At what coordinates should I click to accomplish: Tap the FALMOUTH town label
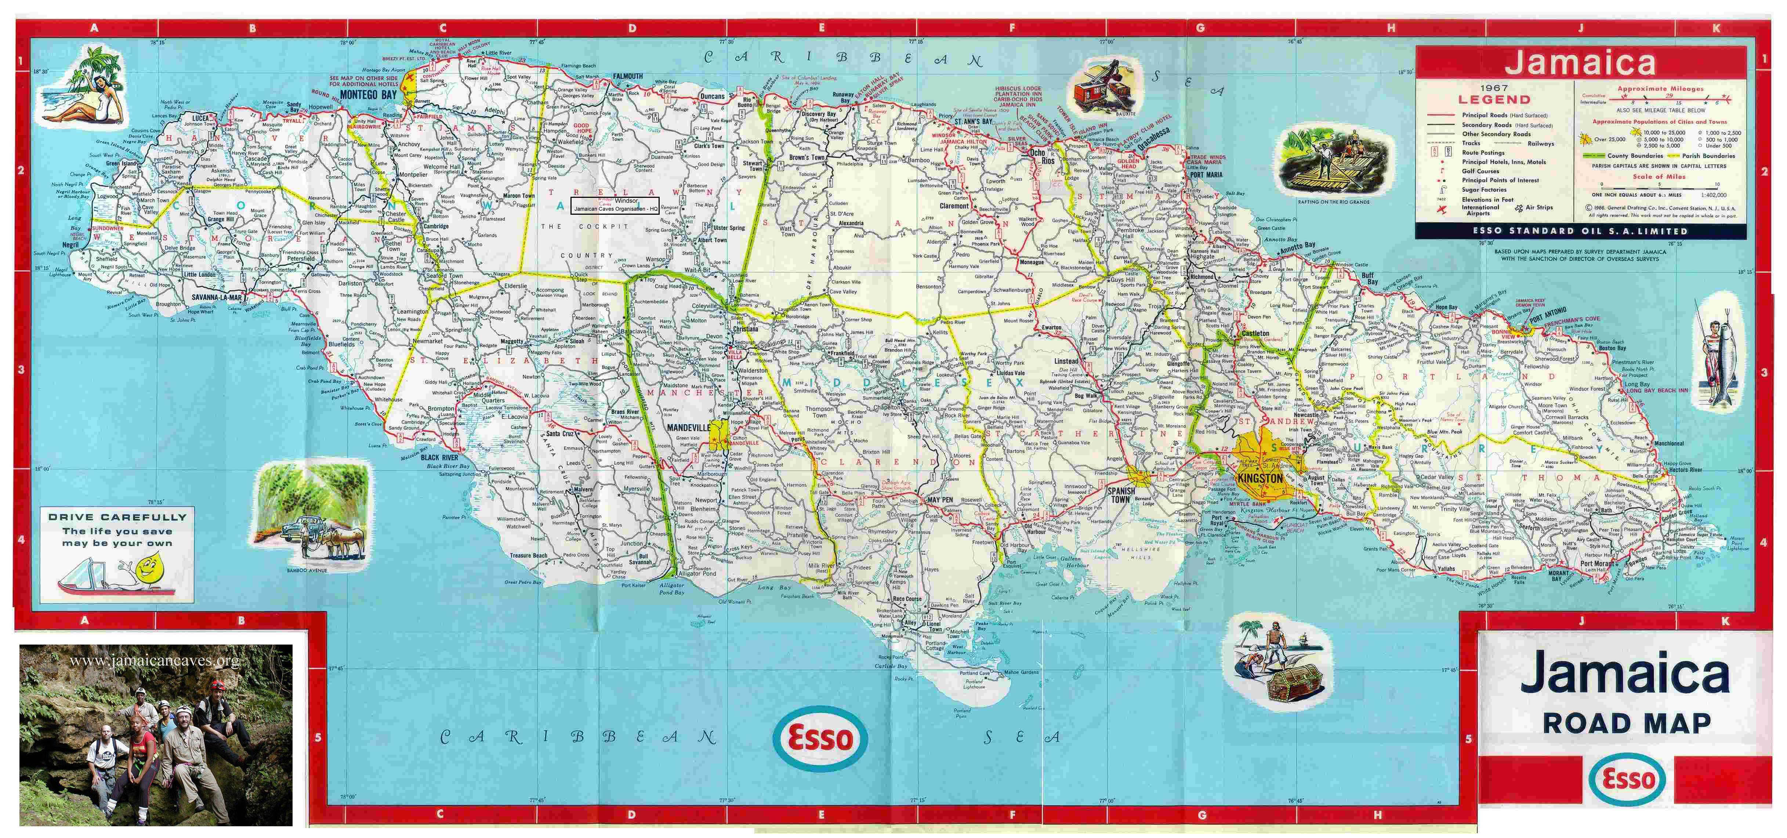[628, 76]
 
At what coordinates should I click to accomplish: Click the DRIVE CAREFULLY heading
[117, 517]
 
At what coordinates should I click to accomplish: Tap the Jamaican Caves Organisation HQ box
[615, 205]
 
